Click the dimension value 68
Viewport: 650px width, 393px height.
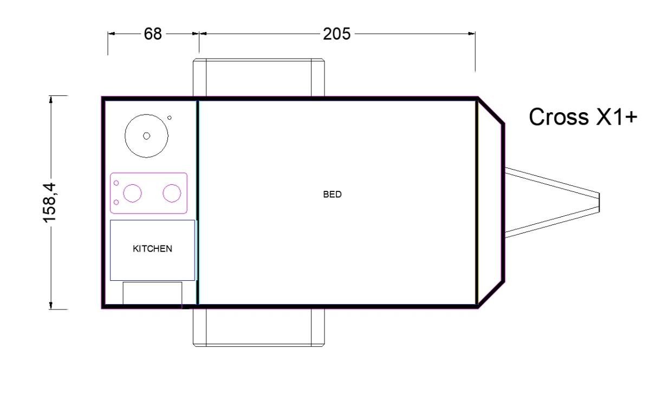click(x=153, y=34)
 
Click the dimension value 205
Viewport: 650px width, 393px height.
click(x=336, y=34)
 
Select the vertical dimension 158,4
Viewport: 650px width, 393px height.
click(x=50, y=203)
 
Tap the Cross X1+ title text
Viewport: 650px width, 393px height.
click(x=583, y=117)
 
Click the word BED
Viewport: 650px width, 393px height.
click(x=332, y=194)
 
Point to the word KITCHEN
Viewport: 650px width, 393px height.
click(x=152, y=249)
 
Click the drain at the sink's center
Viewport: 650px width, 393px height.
click(x=147, y=136)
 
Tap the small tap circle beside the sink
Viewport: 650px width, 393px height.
click(x=170, y=118)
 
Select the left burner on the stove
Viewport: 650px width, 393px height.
click(x=132, y=193)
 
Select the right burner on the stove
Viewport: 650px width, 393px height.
click(x=172, y=193)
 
